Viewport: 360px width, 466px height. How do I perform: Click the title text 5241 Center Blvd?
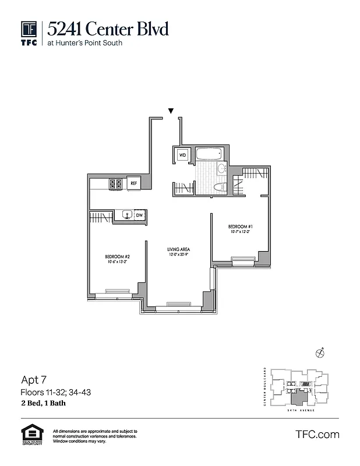click(x=108, y=28)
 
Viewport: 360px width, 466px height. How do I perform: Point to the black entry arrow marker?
click(x=171, y=111)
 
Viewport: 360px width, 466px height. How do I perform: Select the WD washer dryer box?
click(x=182, y=155)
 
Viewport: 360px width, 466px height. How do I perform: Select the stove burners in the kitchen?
click(x=115, y=183)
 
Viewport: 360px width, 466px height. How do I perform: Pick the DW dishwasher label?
click(x=139, y=216)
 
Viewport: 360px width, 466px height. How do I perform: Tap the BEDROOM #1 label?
click(x=239, y=226)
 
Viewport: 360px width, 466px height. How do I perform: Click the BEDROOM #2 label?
click(x=117, y=257)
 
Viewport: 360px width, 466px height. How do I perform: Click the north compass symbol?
click(x=319, y=352)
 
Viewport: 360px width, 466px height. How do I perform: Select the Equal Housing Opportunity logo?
click(x=30, y=435)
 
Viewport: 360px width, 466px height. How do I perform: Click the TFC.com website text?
click(x=317, y=435)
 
